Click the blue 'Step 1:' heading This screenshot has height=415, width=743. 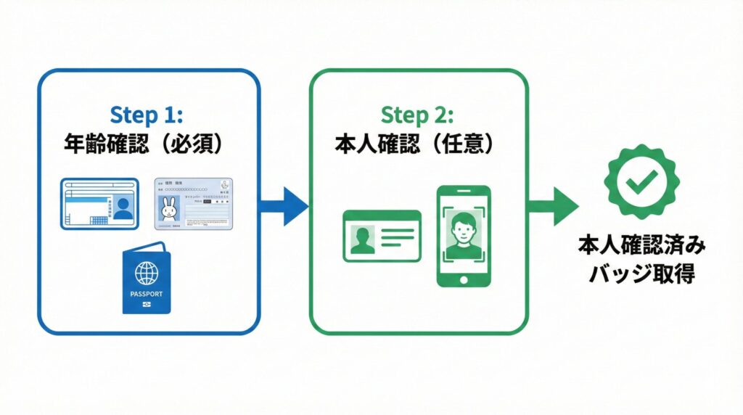[x=149, y=114]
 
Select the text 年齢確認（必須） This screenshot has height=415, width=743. [x=149, y=143]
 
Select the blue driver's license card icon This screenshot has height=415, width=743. [x=99, y=203]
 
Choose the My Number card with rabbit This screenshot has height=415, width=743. [x=194, y=204]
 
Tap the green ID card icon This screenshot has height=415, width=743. [x=382, y=235]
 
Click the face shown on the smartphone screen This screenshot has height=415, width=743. [x=463, y=231]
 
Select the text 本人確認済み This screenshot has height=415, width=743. [x=641, y=246]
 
